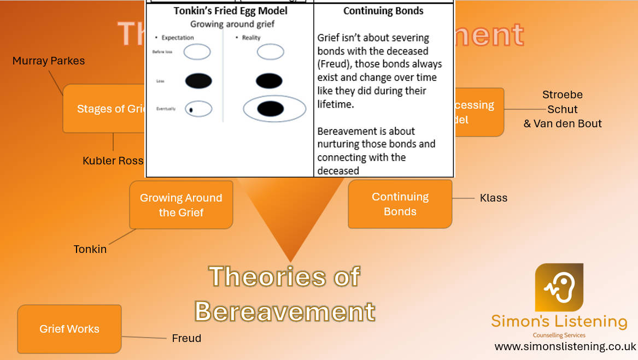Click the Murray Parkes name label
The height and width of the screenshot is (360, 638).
[49, 61]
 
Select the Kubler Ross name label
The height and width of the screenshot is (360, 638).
[113, 161]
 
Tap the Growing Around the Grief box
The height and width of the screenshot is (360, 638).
[181, 205]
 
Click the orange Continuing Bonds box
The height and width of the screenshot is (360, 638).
[400, 204]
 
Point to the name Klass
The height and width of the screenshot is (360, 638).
[494, 198]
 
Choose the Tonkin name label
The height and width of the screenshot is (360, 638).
[90, 249]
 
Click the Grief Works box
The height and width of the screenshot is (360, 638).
[69, 329]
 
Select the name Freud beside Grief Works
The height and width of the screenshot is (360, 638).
[186, 338]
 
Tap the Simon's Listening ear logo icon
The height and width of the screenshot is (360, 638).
[559, 287]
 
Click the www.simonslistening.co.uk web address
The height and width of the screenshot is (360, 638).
[565, 346]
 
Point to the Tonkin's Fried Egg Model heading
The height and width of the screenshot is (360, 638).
[230, 11]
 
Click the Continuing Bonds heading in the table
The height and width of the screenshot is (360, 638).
[383, 11]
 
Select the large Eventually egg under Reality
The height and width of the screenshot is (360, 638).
[274, 108]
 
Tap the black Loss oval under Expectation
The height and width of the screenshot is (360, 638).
[198, 81]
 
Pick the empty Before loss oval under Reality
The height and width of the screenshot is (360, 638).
[270, 52]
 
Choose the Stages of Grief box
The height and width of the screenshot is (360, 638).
[104, 109]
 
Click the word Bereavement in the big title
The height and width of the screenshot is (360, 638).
[285, 311]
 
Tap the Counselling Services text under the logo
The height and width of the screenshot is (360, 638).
[559, 335]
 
